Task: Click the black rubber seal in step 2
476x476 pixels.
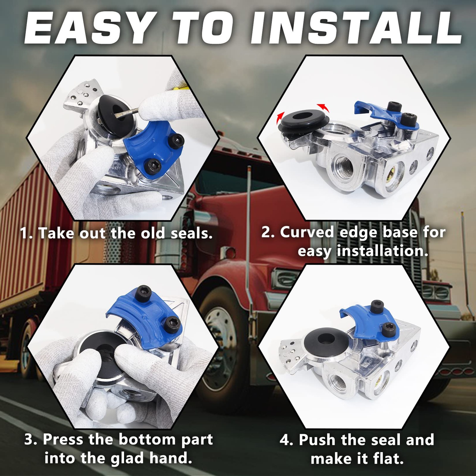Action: (303, 122)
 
